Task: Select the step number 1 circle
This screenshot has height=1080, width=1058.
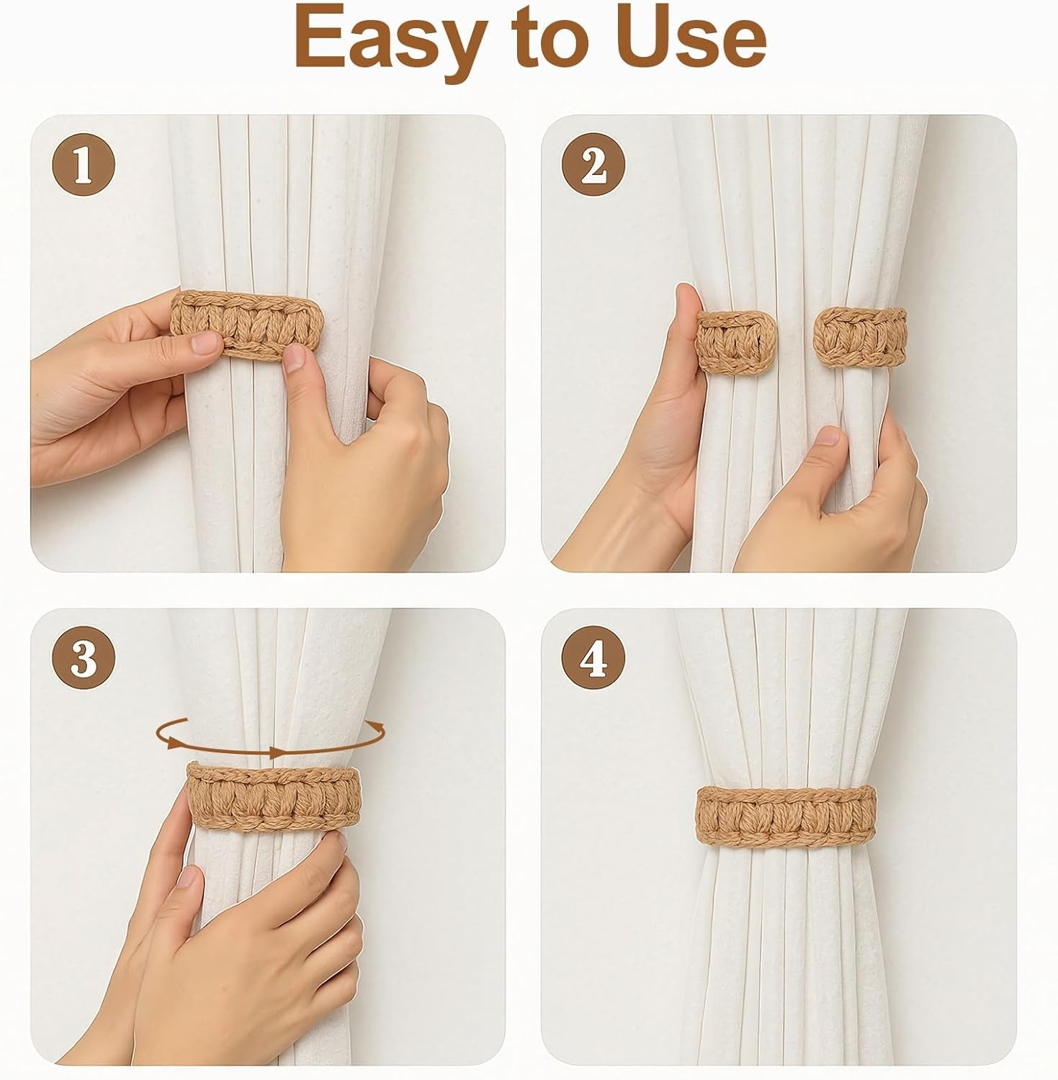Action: [84, 166]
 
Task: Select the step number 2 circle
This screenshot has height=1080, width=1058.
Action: [594, 166]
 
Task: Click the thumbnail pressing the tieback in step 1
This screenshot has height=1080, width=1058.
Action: [295, 358]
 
